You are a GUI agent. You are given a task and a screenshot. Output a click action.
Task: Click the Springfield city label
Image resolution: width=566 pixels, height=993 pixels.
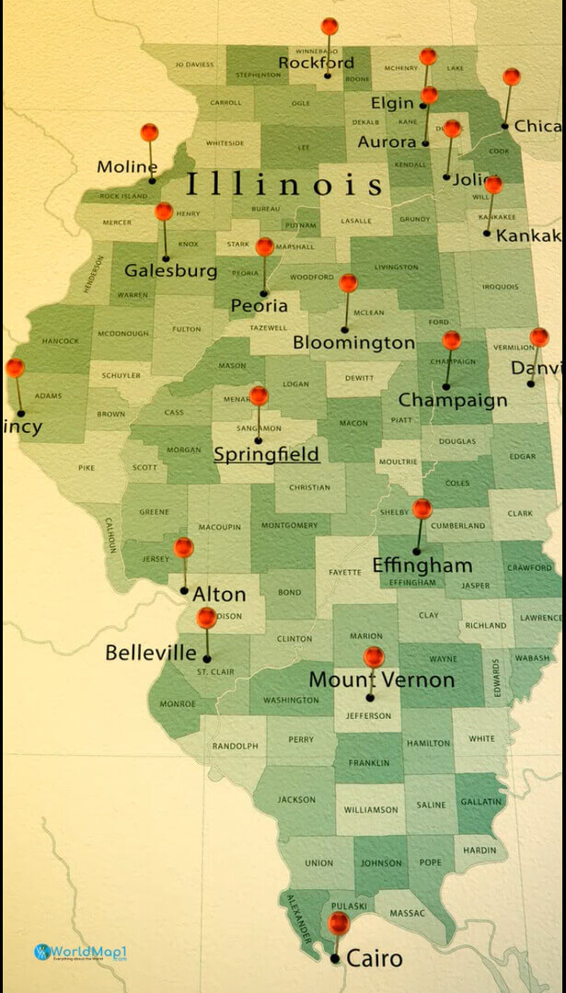click(x=266, y=454)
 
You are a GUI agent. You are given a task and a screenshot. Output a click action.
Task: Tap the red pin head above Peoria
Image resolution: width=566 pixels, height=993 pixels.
click(x=265, y=246)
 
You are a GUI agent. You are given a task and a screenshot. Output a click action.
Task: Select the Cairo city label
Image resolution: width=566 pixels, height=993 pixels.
click(x=375, y=959)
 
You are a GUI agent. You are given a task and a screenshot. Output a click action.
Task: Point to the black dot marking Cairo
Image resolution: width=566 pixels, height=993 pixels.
click(x=335, y=959)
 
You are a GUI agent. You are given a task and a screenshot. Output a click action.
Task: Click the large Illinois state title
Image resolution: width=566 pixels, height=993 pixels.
click(x=284, y=184)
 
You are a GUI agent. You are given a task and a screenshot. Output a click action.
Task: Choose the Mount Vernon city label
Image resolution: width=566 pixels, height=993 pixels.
click(x=381, y=680)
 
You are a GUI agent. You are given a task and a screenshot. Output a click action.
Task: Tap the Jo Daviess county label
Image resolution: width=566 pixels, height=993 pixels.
click(x=194, y=64)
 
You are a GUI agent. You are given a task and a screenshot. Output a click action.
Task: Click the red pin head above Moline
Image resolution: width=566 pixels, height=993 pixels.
click(x=149, y=132)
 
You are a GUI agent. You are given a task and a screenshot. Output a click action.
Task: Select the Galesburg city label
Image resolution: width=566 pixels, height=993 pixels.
click(x=170, y=270)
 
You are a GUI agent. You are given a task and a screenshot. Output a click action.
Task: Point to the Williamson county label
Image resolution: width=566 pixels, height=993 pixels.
click(x=371, y=810)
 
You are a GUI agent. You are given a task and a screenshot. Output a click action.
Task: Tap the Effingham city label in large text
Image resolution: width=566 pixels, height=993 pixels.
click(x=422, y=565)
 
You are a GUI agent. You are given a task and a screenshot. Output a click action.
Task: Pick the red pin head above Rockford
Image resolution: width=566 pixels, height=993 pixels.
click(x=329, y=27)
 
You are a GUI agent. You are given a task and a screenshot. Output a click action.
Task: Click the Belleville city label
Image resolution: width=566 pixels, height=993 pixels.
click(x=151, y=653)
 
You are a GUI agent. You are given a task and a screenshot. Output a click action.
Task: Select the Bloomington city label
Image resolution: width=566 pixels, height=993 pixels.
click(x=353, y=343)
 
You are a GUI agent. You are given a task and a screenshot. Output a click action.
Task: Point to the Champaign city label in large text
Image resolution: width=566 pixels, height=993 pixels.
click(x=452, y=400)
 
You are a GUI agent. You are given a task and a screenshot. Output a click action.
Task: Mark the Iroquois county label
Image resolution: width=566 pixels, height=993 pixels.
click(x=500, y=287)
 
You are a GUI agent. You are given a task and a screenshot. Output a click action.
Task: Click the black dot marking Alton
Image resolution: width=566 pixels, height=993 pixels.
click(x=184, y=590)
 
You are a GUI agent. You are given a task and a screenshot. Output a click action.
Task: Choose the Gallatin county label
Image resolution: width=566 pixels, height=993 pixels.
click(x=481, y=802)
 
